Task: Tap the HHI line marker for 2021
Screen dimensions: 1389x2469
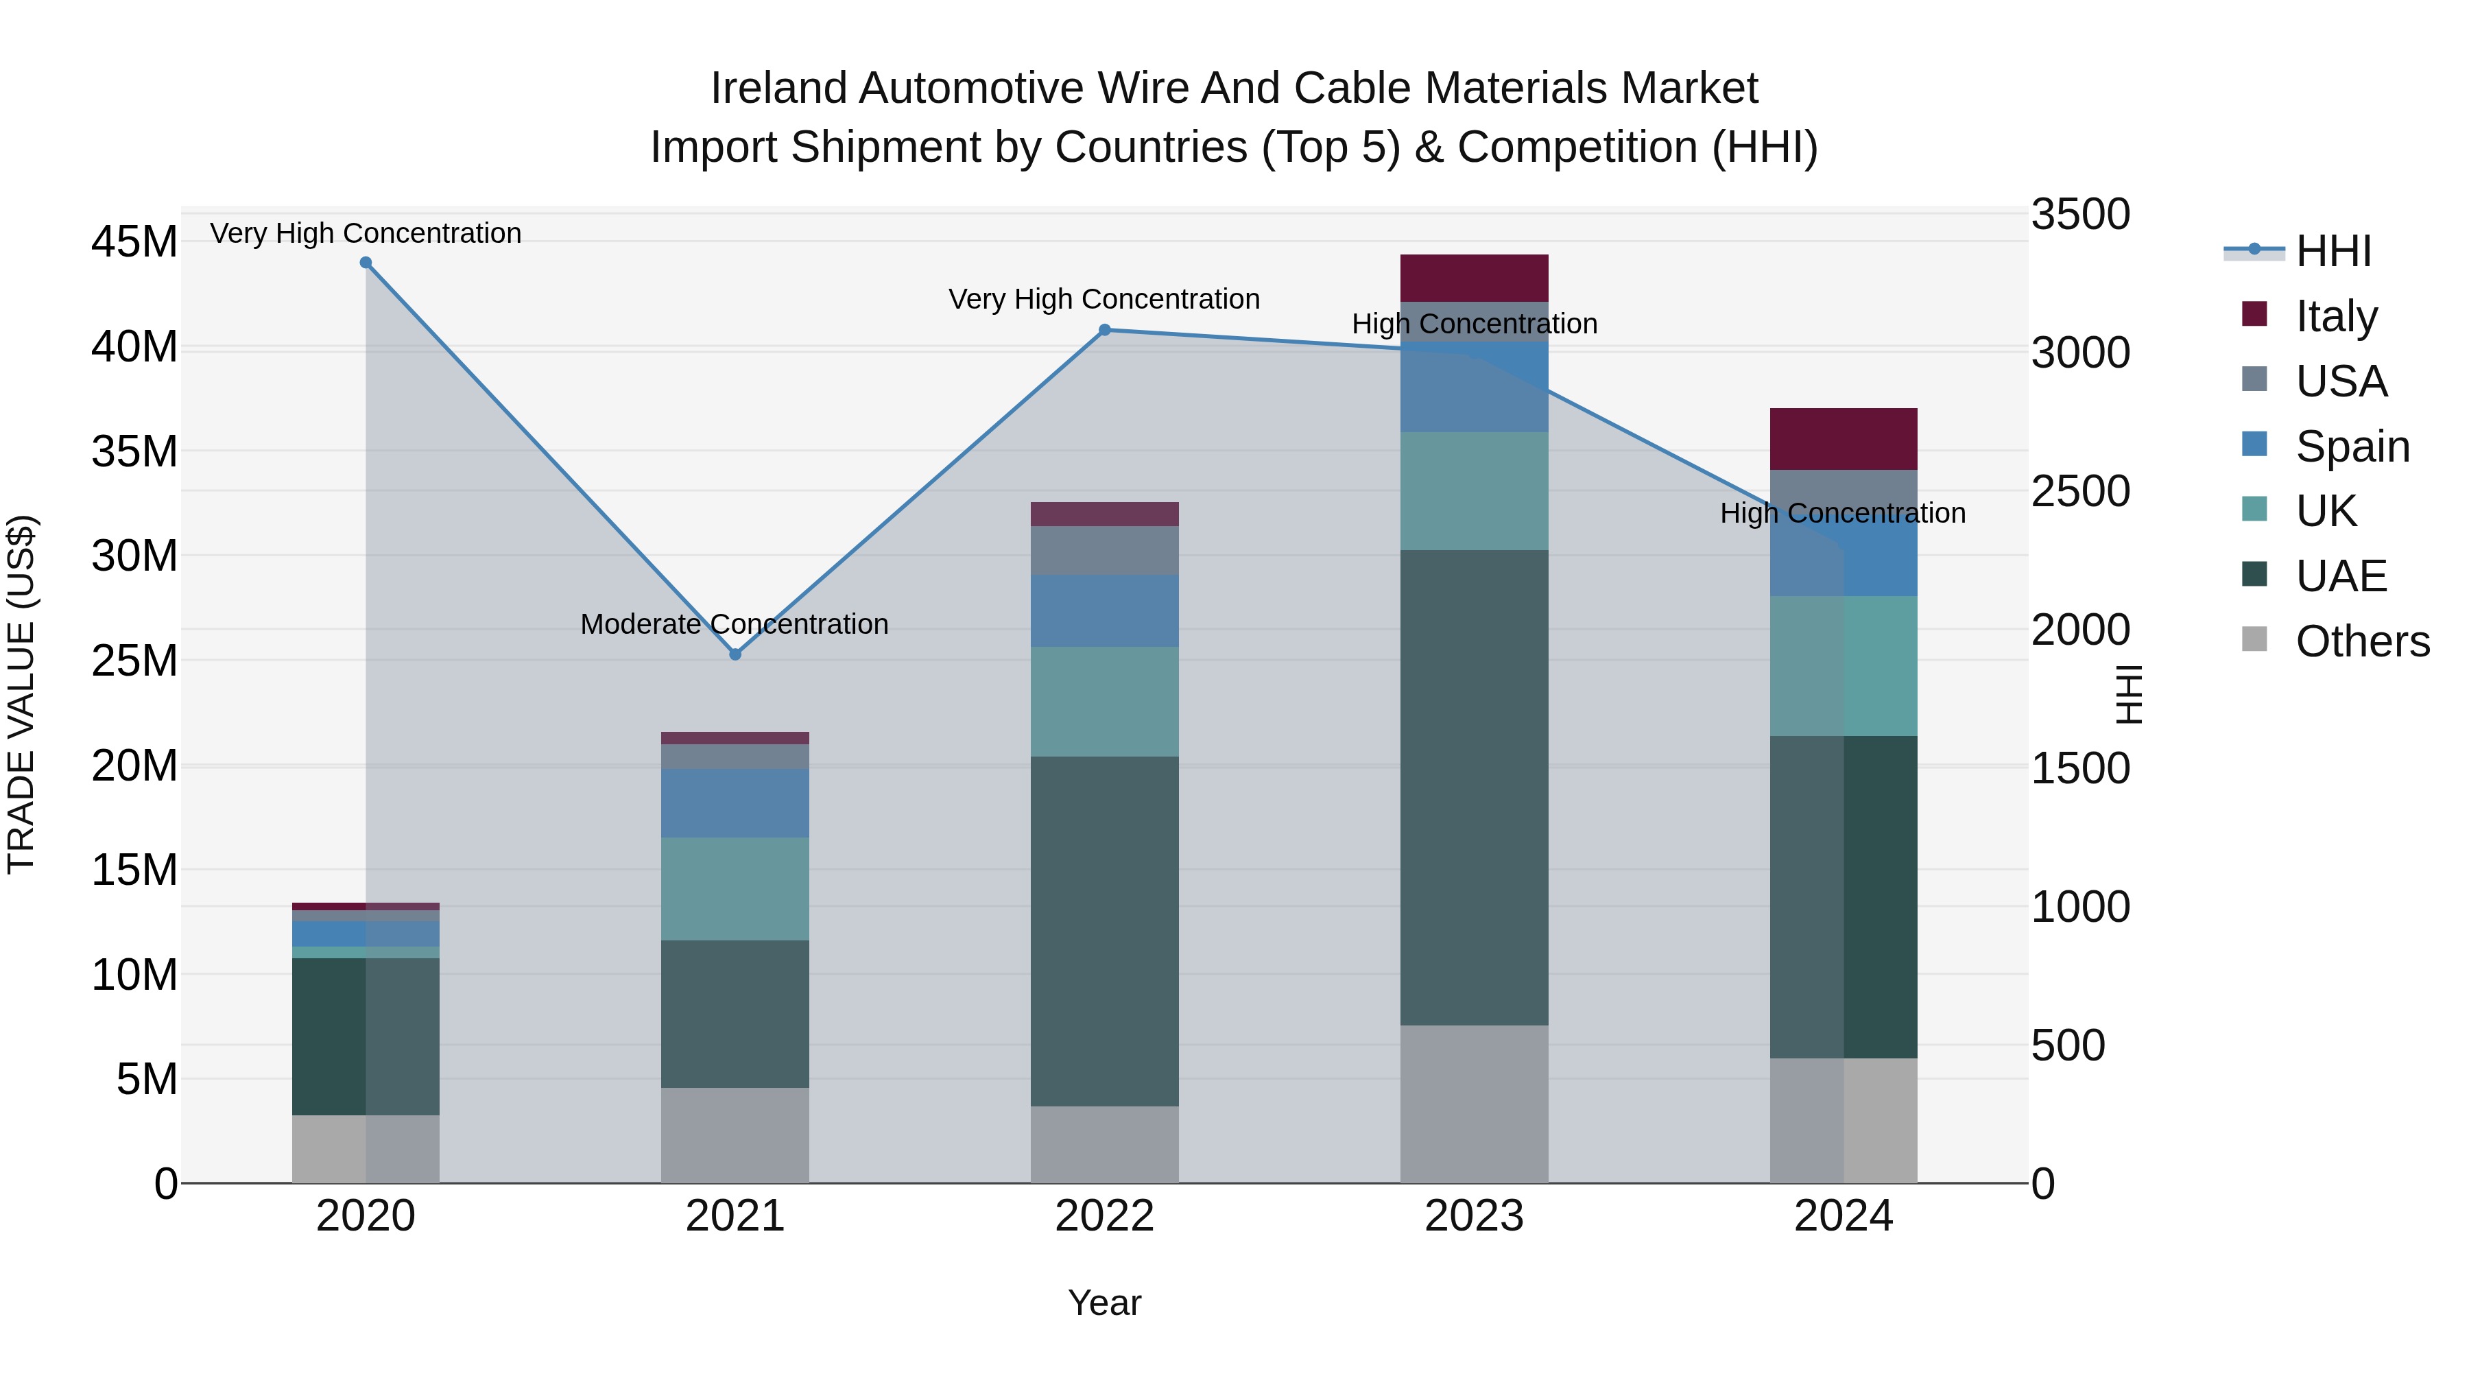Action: click(x=735, y=655)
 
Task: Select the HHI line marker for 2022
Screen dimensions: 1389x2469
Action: click(x=1104, y=330)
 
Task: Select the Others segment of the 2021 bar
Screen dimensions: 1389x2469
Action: click(x=735, y=1135)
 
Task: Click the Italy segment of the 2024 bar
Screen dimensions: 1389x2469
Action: click(x=1843, y=439)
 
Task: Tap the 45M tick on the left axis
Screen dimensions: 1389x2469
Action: click(x=134, y=241)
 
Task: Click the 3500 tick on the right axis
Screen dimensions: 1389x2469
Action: click(x=2080, y=215)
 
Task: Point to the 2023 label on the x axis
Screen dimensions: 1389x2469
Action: click(x=1474, y=1216)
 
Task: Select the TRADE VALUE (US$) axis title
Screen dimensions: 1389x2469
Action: click(x=21, y=694)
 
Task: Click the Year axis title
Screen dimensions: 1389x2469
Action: click(x=1104, y=1303)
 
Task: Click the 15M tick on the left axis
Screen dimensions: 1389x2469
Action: click(x=134, y=870)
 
